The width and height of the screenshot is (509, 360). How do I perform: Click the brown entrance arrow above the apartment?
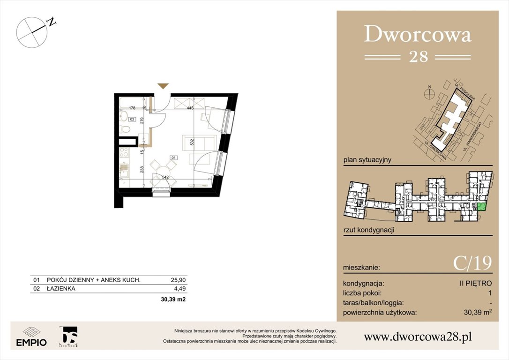coord(163,86)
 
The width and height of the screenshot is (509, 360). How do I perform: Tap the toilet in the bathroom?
coord(125,128)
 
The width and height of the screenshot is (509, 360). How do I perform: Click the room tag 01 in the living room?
coord(173,157)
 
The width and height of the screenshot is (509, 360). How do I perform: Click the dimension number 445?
coord(190,108)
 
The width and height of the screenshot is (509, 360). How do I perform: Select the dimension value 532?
coord(192,143)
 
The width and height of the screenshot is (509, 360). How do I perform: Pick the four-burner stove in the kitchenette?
coord(125,153)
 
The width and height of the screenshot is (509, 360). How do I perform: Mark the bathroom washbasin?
coord(125,116)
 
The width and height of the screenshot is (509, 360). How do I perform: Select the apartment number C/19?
coord(472,264)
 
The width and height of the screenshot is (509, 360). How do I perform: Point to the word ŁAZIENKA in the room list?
coord(61,289)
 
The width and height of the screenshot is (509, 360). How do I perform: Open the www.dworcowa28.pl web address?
coord(418,337)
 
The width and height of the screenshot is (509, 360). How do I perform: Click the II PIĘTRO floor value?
coord(476,284)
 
